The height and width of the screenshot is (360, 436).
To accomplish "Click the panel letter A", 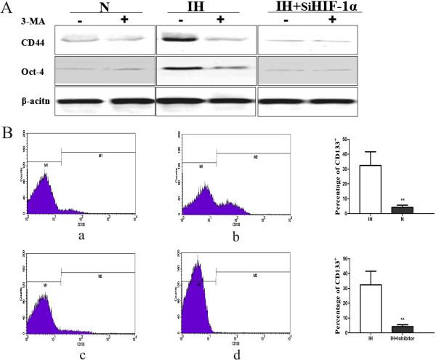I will point(7,8).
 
